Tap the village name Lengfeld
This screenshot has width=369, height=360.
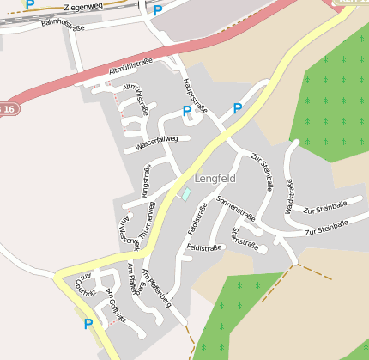click(215, 179)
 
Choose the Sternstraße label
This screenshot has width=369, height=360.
click(245, 238)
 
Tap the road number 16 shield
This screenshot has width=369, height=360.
click(8, 109)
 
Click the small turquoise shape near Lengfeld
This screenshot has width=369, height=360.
click(184, 193)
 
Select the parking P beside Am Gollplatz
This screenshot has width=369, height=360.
click(88, 324)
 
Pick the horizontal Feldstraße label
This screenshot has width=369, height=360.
click(204, 247)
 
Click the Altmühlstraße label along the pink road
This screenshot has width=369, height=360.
click(131, 65)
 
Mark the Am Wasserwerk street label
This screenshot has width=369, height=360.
click(128, 230)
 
